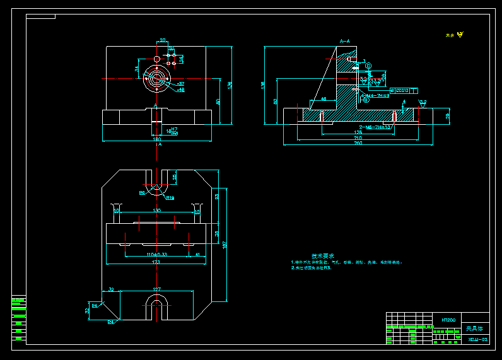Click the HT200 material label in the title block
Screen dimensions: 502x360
point(449,320)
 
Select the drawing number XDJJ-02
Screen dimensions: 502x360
point(478,339)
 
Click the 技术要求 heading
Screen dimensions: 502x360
point(323,255)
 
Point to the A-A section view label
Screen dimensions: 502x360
point(345,41)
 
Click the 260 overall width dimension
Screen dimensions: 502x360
point(358,143)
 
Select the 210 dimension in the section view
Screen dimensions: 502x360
point(358,137)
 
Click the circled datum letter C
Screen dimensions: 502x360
point(368,66)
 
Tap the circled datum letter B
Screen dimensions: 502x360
point(366,100)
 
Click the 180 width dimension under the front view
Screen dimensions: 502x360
point(156,139)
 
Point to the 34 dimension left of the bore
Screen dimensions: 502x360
point(137,68)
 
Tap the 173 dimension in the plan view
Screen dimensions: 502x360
point(156,262)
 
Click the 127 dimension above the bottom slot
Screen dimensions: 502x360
point(156,289)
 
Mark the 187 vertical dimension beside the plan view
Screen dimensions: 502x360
point(224,245)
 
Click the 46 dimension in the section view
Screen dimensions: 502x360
point(324,99)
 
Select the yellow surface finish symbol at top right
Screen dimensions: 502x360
point(460,35)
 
